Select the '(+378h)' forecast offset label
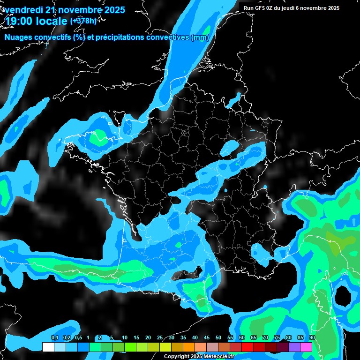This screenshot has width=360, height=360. tap(83, 21)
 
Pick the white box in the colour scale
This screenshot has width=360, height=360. tap(48, 347)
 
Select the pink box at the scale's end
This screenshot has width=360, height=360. tap(306, 347)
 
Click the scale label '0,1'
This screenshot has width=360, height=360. tap(54, 338)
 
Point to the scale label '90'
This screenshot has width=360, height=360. tap(312, 338)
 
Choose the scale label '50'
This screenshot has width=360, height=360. tap(218, 338)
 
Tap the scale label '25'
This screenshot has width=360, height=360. tap(160, 338)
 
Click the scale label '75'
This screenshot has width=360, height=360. tap(277, 338)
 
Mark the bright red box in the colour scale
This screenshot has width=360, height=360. tap(247, 347)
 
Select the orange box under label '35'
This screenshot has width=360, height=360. tap(189, 347)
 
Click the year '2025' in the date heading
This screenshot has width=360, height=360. tap(113, 9)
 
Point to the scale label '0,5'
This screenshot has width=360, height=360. tap(78, 338)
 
